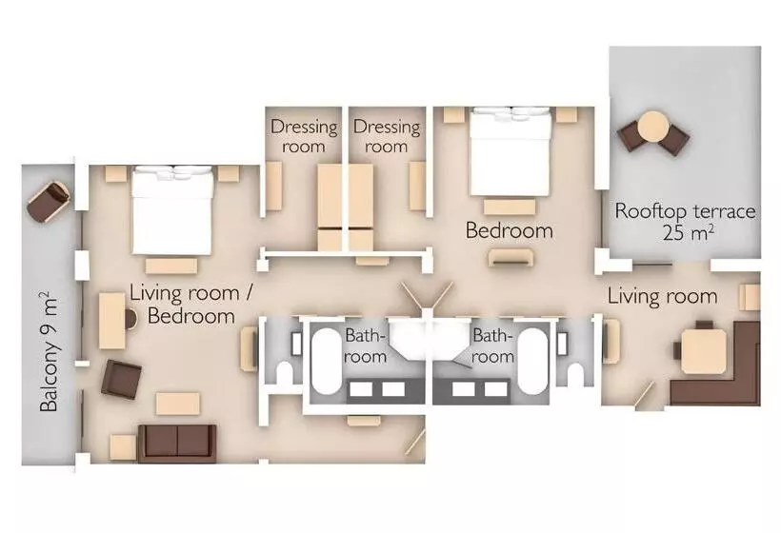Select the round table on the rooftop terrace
coord(653,127)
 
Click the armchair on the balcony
coord(49,201)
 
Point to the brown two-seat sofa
coord(177,444)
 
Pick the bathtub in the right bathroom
coord(532,361)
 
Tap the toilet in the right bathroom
coord(575,374)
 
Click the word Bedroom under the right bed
coord(509,230)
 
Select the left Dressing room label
coord(304,136)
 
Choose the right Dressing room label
coord(387,136)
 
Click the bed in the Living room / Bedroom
coord(172,210)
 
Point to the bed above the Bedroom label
coord(510,151)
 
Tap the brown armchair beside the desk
coord(121,379)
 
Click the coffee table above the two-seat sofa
coord(178,404)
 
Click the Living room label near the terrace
coord(663,297)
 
